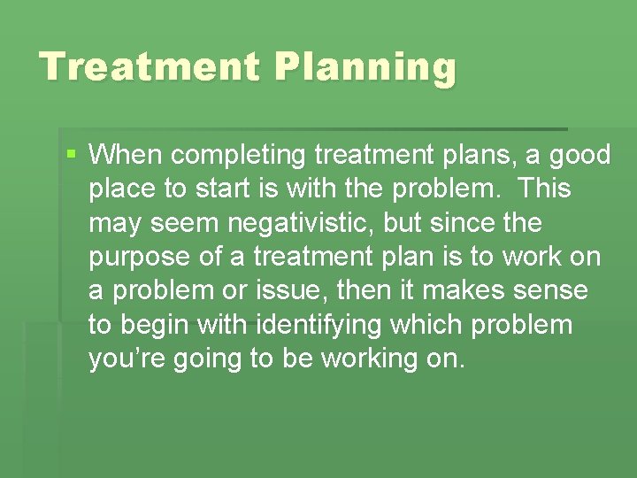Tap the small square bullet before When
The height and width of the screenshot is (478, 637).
tap(72, 154)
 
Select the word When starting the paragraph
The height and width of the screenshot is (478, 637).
tap(127, 156)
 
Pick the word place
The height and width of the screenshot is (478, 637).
tap(122, 190)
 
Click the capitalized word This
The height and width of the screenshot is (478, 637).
tap(545, 189)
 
